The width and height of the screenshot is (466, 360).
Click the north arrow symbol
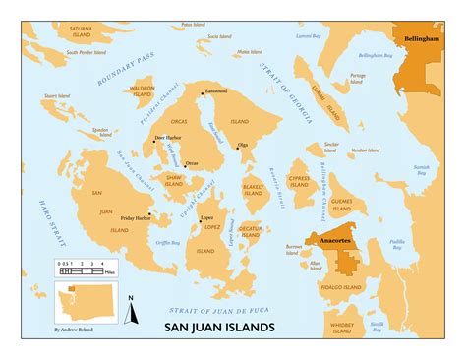tap(130, 308)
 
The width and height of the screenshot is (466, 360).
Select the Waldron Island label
tap(142, 91)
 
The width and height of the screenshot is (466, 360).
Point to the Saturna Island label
tap(74, 33)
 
